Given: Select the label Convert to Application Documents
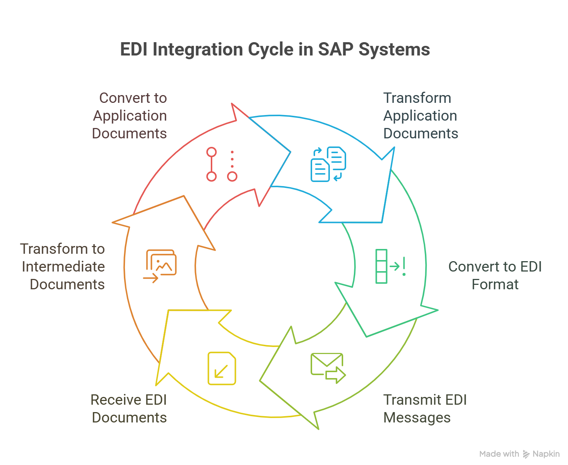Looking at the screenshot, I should click(x=129, y=115).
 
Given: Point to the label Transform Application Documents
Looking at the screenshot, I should click(x=420, y=115).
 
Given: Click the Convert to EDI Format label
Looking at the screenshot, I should click(x=495, y=275).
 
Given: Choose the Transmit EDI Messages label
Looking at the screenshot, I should click(x=425, y=408).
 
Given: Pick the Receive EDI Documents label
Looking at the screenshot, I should click(x=129, y=408).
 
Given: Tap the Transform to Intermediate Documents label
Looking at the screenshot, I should click(x=63, y=266).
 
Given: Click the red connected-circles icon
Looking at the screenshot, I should click(x=221, y=164).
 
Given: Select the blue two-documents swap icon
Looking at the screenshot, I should click(x=328, y=164).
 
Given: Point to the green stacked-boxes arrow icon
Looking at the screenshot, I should click(x=390, y=266).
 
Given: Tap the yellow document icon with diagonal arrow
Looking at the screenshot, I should click(x=222, y=368).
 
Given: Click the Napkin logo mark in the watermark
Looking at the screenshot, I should click(x=526, y=454).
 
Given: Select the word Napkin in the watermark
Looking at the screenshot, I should click(x=546, y=454).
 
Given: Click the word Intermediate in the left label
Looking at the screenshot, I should click(x=63, y=266).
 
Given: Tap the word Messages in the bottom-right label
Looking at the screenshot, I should click(x=417, y=418).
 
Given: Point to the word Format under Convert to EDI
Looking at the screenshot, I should click(x=495, y=284).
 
